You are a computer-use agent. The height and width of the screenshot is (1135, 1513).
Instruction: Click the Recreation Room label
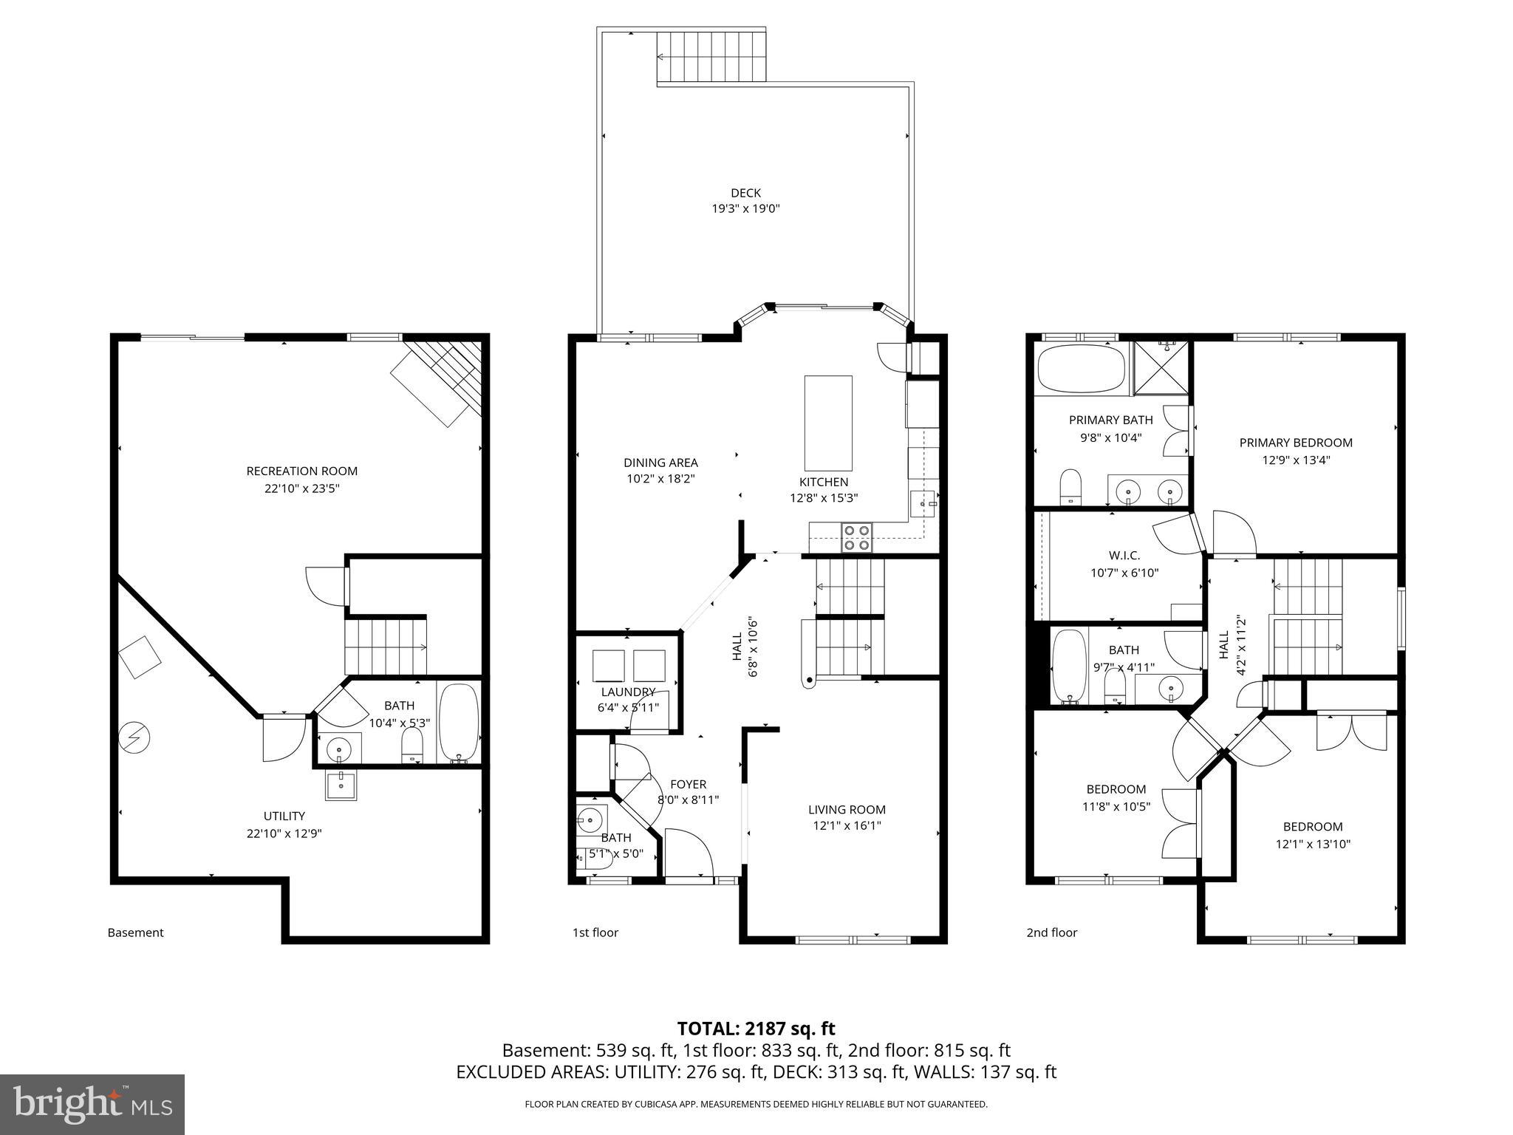(301, 471)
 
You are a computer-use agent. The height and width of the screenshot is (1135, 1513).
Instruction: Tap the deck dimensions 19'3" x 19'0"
(745, 209)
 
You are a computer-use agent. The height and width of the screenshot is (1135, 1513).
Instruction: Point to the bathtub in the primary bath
(1081, 369)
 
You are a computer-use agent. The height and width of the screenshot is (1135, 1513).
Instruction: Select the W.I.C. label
(1124, 555)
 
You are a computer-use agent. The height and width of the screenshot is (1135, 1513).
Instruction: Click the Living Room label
(847, 809)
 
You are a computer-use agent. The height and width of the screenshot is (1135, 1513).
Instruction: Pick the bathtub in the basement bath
(459, 723)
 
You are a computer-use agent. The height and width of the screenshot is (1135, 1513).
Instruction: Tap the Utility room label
(284, 816)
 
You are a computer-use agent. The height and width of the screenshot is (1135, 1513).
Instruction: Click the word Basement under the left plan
(135, 933)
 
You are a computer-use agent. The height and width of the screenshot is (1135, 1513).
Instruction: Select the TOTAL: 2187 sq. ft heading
(756, 1028)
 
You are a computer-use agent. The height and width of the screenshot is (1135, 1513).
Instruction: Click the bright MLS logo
(92, 1104)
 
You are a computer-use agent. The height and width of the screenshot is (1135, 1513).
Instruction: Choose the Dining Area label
(660, 463)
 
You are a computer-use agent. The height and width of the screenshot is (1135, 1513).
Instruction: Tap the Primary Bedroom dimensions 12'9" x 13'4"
(1296, 460)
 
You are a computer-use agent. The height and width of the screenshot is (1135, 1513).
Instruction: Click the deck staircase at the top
(711, 57)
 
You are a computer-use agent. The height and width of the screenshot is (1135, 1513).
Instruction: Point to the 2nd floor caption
(1051, 933)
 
